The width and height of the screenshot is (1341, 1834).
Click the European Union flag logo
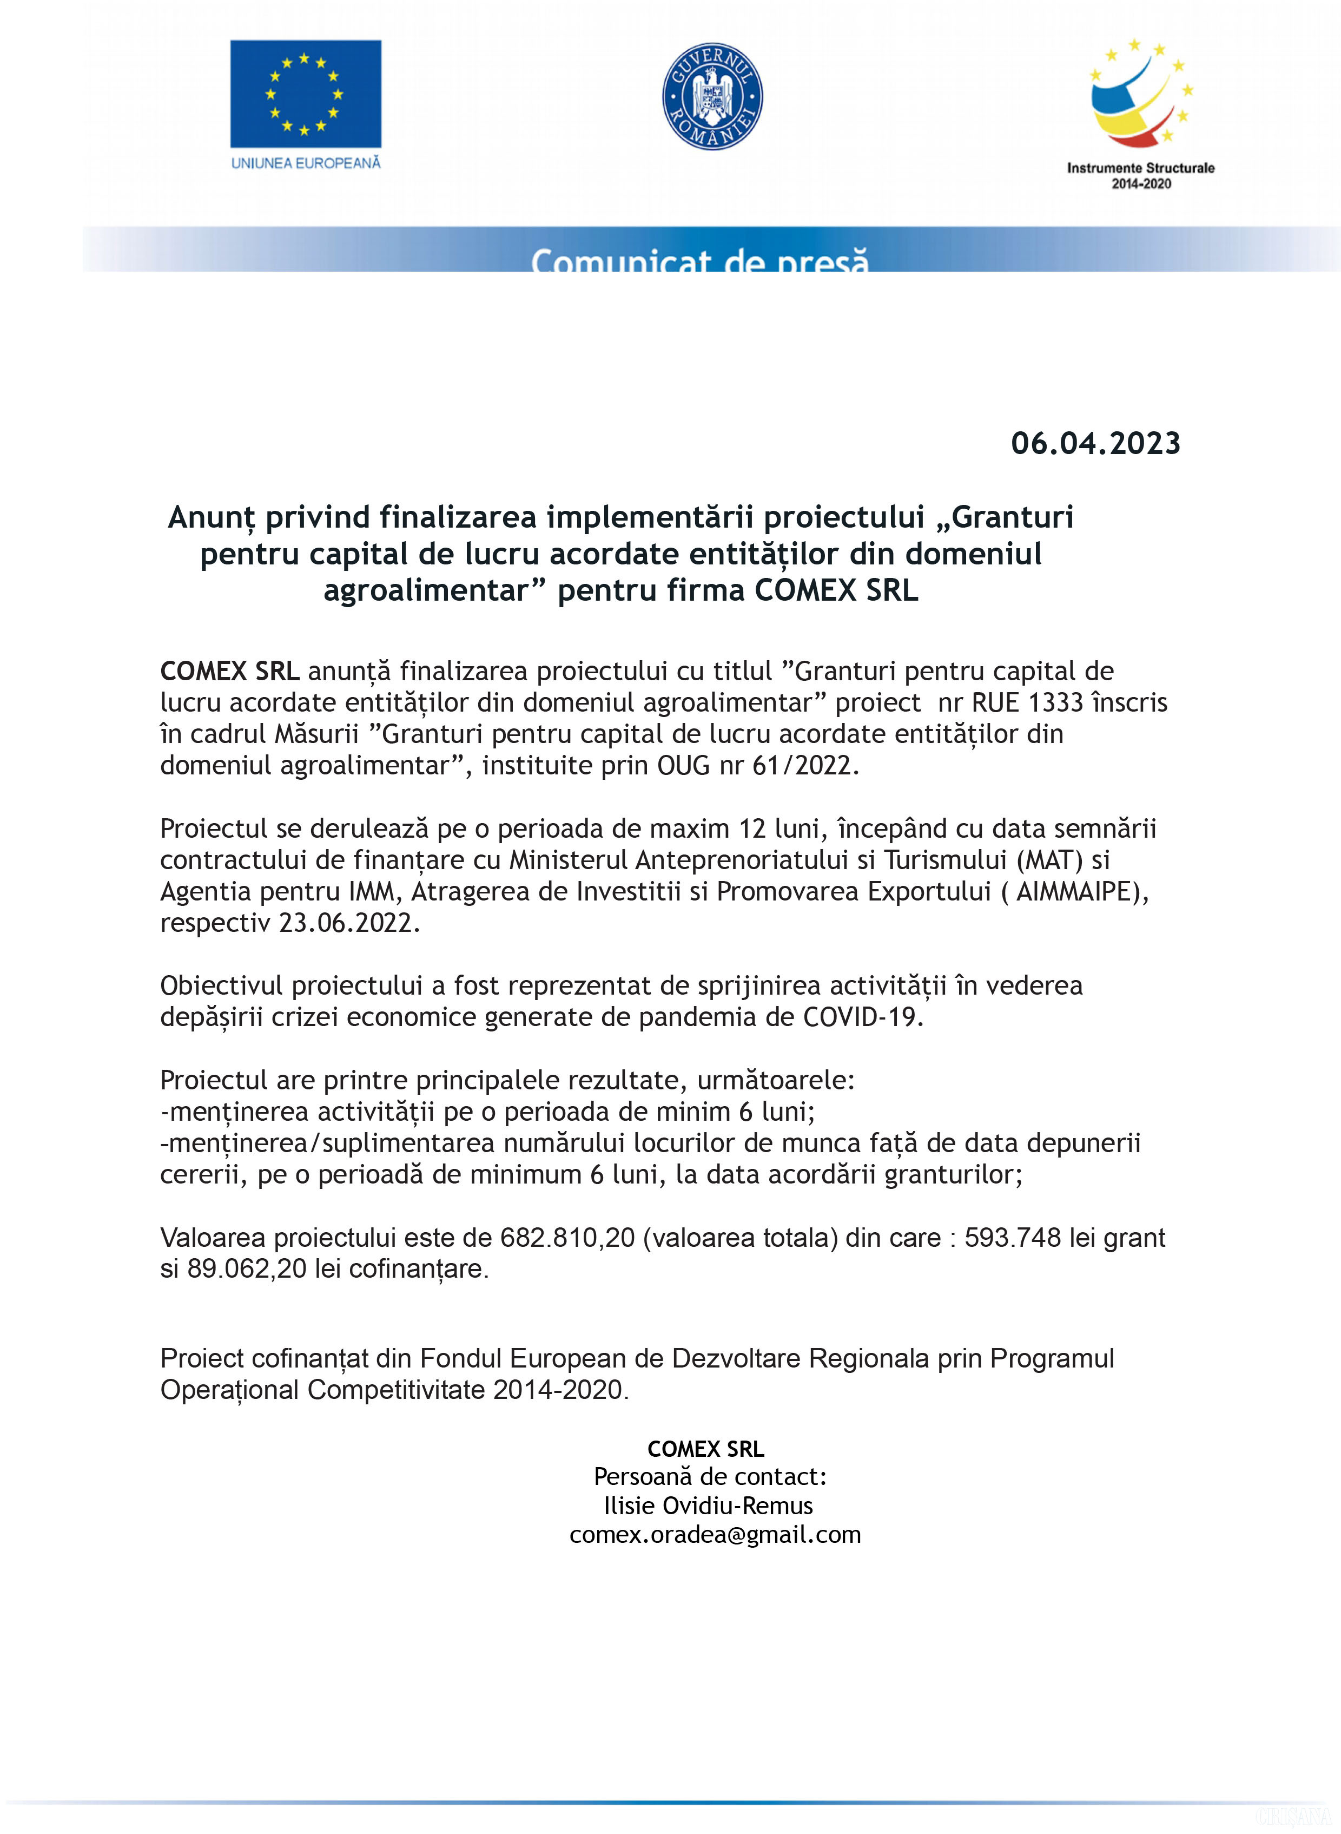(x=305, y=94)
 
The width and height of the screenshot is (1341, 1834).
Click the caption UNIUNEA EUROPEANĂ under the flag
(x=305, y=163)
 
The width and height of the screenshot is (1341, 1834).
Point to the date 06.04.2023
(x=1095, y=443)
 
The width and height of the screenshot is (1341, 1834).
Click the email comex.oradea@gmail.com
(x=715, y=1534)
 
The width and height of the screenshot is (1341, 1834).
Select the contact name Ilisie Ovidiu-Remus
(x=708, y=1505)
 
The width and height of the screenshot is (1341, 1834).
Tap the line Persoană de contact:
(x=710, y=1476)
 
